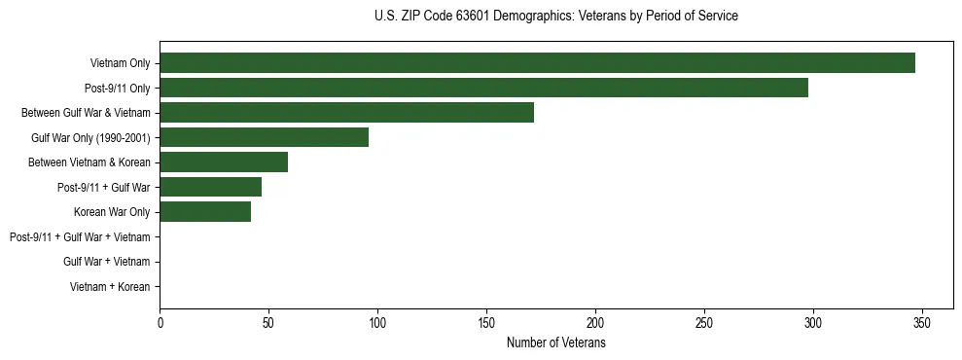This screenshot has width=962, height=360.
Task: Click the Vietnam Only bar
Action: pyautogui.click(x=537, y=63)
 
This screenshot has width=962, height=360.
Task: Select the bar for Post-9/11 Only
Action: pyautogui.click(x=483, y=88)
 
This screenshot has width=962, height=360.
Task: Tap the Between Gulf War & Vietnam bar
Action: pyautogui.click(x=346, y=113)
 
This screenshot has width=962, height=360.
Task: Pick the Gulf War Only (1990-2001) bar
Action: pyautogui.click(x=264, y=137)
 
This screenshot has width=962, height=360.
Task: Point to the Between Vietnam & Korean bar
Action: pyautogui.click(x=224, y=162)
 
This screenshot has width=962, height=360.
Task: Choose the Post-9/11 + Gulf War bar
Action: pyautogui.click(x=210, y=187)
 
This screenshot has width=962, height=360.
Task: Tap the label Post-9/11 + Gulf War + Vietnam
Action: pyautogui.click(x=80, y=237)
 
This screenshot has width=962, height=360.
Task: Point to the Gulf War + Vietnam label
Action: pyautogui.click(x=107, y=262)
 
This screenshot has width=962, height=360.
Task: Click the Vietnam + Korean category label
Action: pyautogui.click(x=110, y=287)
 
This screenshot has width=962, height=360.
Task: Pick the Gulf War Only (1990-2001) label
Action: pyautogui.click(x=90, y=137)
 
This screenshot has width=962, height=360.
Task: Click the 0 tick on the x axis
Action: pyautogui.click(x=160, y=322)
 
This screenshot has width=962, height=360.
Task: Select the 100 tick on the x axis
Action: pyautogui.click(x=377, y=322)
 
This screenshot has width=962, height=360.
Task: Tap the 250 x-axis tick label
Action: pyautogui.click(x=704, y=322)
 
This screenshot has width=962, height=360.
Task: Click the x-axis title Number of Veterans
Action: pyautogui.click(x=555, y=342)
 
